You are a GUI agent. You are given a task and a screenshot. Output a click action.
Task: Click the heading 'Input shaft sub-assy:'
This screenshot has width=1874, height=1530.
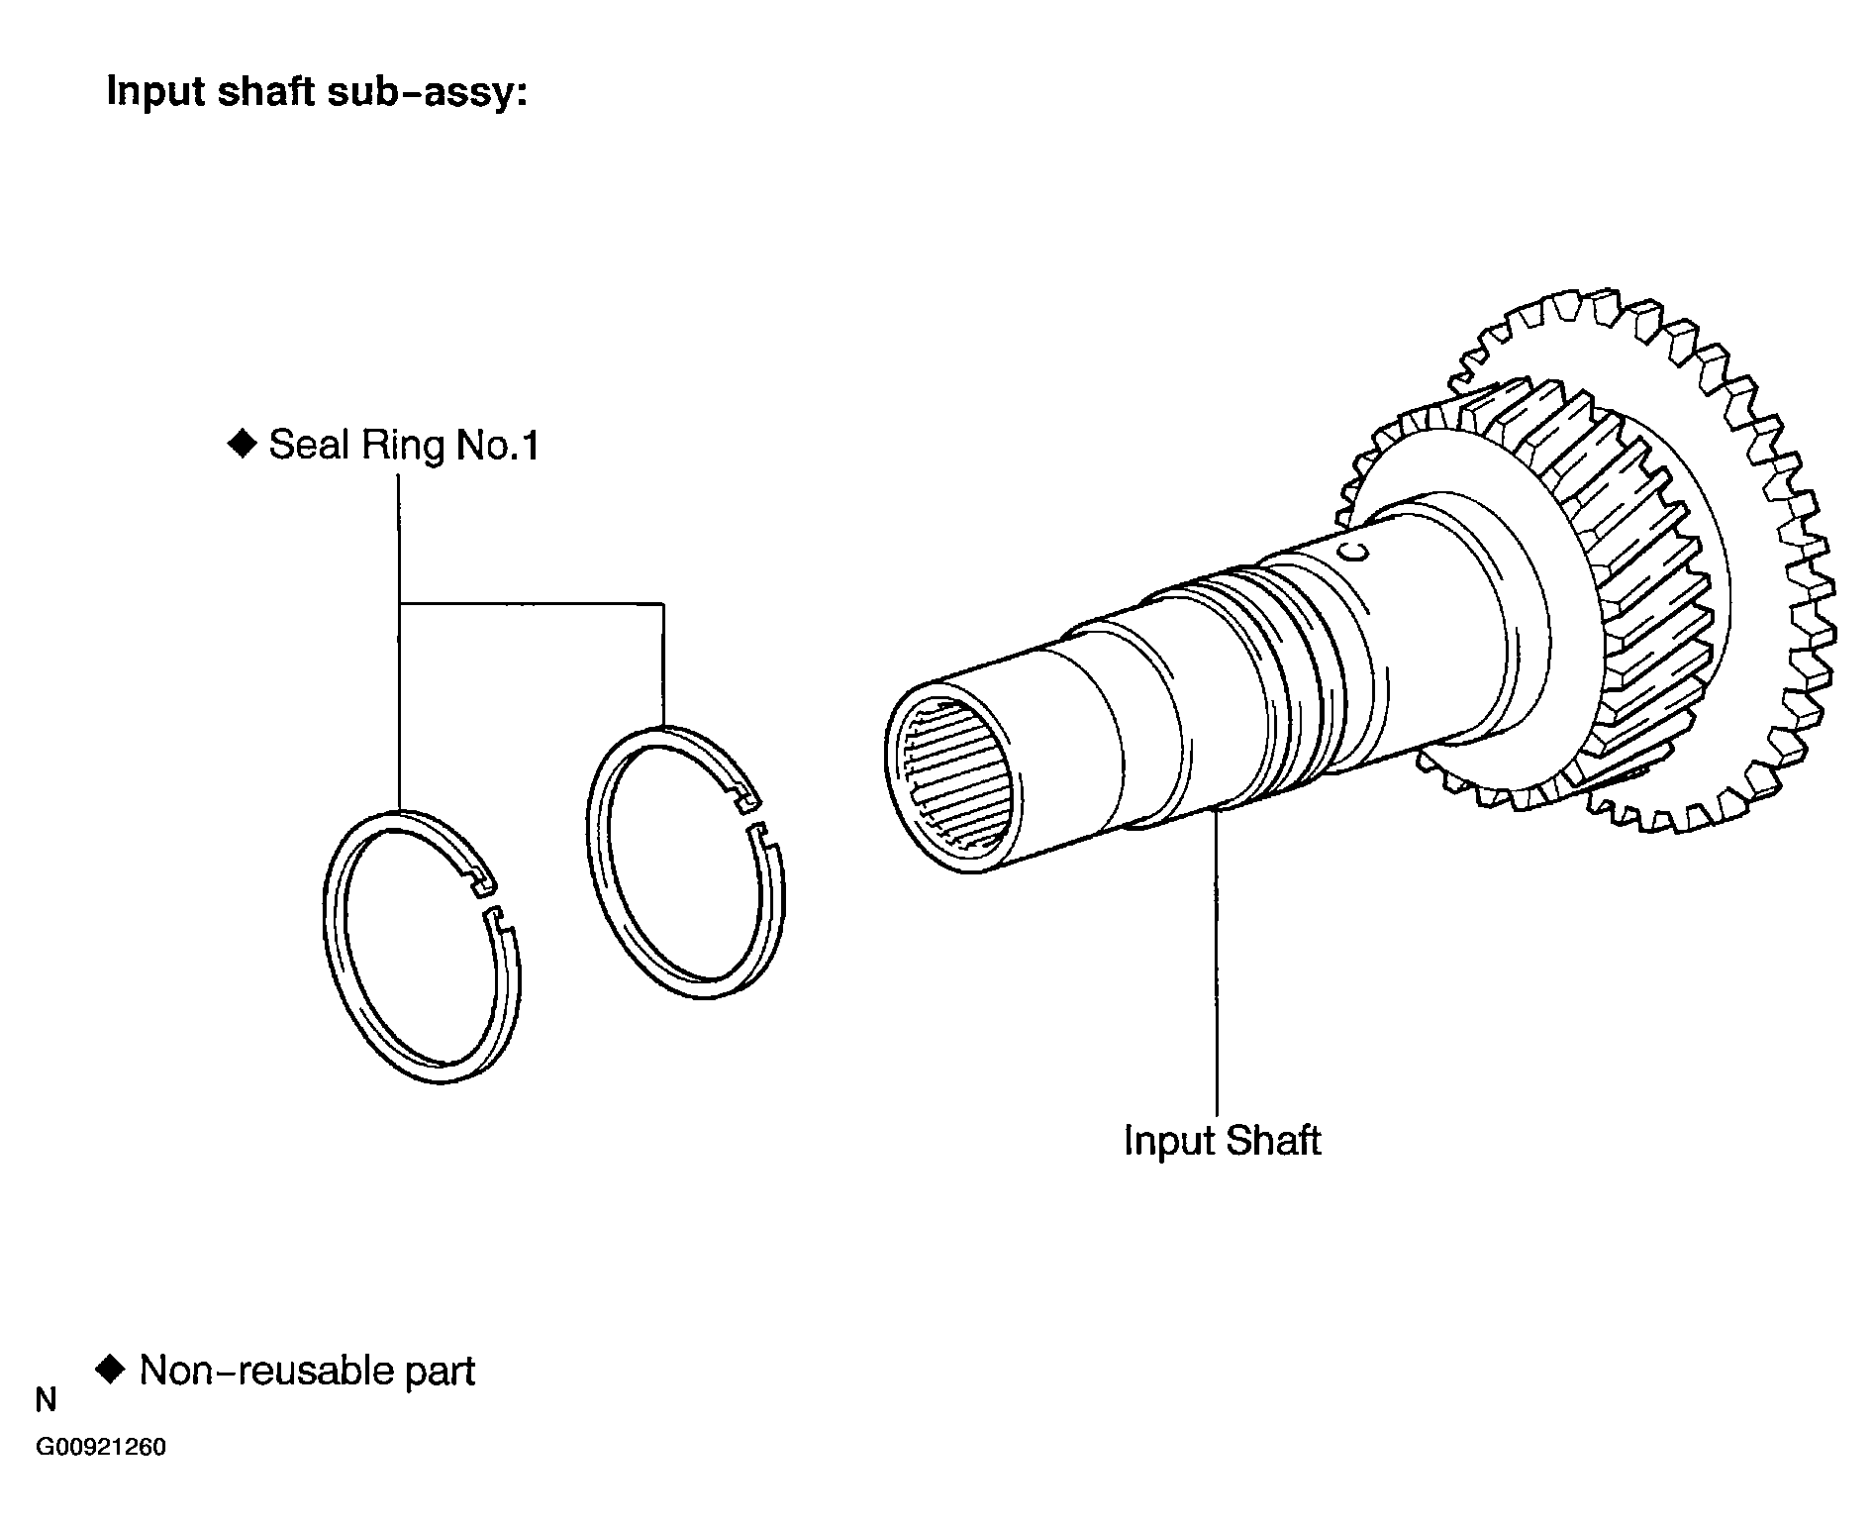click(x=317, y=92)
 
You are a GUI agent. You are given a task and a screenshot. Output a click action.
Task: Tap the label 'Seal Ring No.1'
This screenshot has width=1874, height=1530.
click(x=404, y=445)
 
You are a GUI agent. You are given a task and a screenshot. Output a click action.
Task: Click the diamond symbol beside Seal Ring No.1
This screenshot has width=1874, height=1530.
click(x=242, y=444)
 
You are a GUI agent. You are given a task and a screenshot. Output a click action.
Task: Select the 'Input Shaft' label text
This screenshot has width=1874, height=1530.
click(x=1222, y=1141)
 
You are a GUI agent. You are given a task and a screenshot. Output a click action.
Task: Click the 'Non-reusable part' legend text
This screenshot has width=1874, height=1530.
click(x=307, y=1371)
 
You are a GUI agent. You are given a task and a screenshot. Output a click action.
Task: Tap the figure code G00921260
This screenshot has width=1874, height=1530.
click(x=102, y=1448)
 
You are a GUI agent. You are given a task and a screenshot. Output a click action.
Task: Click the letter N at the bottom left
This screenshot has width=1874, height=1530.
click(x=46, y=1401)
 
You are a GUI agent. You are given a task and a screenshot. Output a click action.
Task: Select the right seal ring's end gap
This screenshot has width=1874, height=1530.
click(x=753, y=813)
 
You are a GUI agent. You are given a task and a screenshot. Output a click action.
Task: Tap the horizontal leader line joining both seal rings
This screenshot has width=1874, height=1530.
click(x=531, y=603)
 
